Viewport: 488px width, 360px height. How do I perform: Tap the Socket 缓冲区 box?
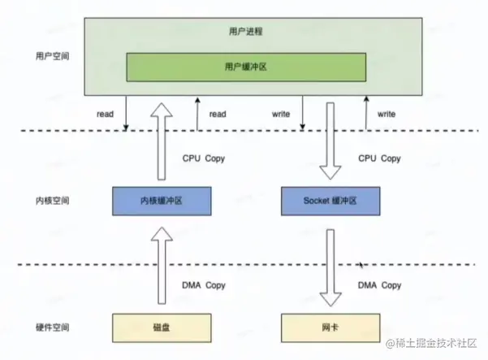coord(330,200)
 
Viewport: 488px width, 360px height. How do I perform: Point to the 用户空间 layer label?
coord(53,58)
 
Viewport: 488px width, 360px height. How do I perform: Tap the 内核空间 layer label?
coord(53,200)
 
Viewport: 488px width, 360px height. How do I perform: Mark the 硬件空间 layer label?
coord(53,327)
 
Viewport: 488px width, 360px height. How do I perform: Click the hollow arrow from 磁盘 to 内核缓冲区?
coord(162,263)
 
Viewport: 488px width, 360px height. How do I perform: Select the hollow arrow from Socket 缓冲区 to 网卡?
coord(330,263)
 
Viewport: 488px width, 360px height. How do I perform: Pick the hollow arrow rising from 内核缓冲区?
coord(162,142)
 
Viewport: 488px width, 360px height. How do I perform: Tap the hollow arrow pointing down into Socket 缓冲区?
coord(330,142)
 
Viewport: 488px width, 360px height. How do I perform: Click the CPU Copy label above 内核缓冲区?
coord(204,158)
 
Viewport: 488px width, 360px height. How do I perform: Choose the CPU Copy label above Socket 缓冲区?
coord(380,158)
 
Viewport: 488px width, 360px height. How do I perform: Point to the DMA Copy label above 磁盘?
coord(204,285)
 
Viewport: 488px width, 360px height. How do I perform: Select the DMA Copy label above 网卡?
coord(380,285)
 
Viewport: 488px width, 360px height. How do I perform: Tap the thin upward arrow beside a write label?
coord(365,112)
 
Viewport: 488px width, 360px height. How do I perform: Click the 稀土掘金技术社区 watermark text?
coord(436,345)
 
